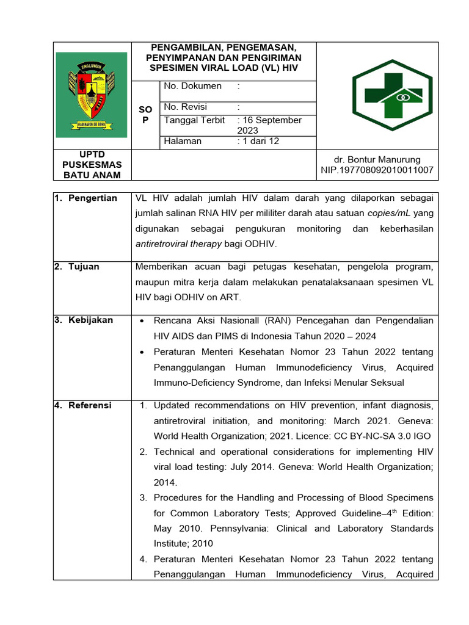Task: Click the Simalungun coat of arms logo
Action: pos(92,95)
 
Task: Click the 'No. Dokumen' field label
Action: pos(187,87)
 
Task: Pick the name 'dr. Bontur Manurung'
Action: pos(377,160)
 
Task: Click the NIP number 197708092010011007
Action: pos(377,170)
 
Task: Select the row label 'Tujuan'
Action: pos(84,267)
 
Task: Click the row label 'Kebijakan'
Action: pos(90,320)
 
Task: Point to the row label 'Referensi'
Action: pos(90,405)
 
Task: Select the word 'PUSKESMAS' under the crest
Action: pos(92,165)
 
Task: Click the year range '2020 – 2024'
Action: pos(347,336)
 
